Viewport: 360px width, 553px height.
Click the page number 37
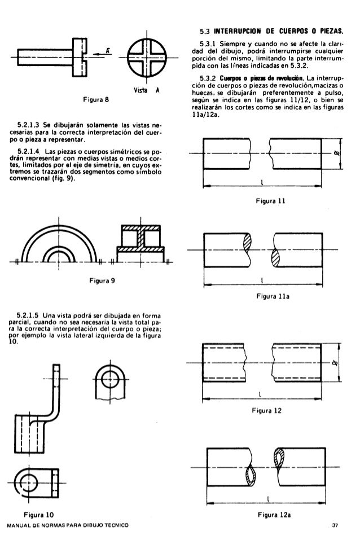(335, 526)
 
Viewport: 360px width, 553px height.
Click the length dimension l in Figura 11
(263, 182)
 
